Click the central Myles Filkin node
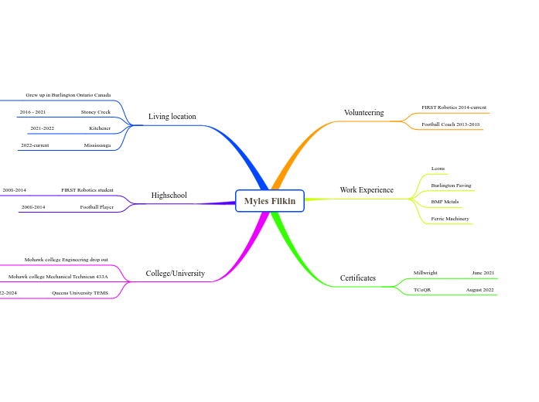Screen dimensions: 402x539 tap(270, 201)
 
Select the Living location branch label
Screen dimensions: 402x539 tap(172, 117)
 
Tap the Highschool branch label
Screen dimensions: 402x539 tap(169, 196)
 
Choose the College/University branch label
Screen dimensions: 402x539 tap(175, 274)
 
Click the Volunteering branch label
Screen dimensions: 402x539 tap(363, 113)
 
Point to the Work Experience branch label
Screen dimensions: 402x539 tap(367, 190)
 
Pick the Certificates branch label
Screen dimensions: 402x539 tap(358, 278)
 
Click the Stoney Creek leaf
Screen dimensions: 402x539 tap(95, 112)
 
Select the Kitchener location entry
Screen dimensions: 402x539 tap(100, 128)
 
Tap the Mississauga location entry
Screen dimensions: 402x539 tap(97, 145)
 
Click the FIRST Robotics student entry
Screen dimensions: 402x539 tap(87, 190)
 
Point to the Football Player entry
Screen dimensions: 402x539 tap(97, 207)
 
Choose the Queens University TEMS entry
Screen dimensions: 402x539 tap(80, 293)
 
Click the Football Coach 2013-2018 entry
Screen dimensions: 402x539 tap(450, 124)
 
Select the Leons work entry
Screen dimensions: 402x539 tap(438, 169)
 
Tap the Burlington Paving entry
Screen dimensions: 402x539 tap(451, 186)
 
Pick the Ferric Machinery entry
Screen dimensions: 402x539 tap(449, 219)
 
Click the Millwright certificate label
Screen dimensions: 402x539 tap(425, 273)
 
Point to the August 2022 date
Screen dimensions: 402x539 tap(479, 290)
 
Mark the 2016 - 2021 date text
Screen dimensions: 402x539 tap(32, 112)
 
